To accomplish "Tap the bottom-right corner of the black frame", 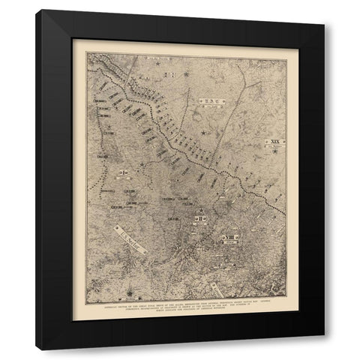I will [325, 350].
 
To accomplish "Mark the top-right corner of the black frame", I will [325, 10].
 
